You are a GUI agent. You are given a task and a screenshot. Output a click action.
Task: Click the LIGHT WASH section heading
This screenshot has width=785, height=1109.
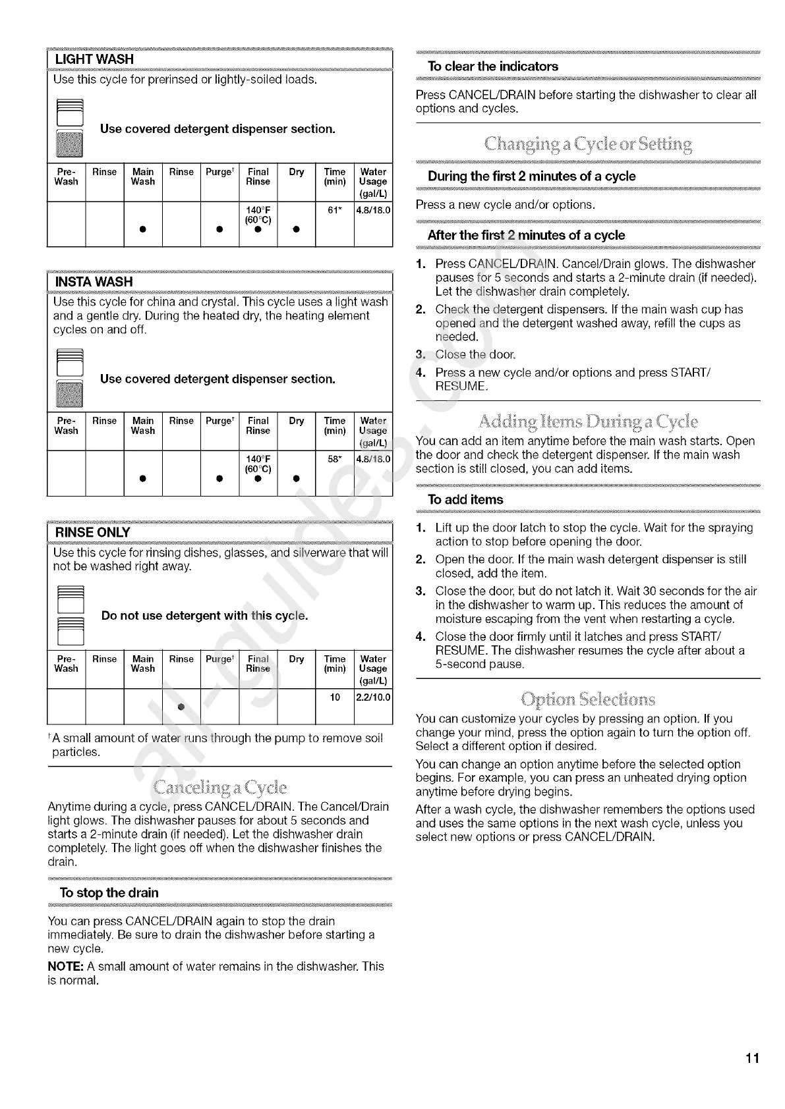(x=94, y=59)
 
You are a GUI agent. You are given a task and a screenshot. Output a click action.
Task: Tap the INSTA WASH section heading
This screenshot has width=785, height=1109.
(x=94, y=282)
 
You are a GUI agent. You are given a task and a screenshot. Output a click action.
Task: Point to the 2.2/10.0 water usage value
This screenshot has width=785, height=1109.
(x=373, y=697)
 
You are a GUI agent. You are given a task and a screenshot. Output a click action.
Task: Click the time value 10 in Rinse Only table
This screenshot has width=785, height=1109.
(x=335, y=697)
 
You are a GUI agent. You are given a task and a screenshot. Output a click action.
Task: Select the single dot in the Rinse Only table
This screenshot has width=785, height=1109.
(x=180, y=707)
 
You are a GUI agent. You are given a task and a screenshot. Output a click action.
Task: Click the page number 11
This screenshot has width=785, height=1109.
(x=753, y=1058)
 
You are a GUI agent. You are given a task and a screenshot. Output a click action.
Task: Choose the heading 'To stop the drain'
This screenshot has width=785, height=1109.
(x=109, y=893)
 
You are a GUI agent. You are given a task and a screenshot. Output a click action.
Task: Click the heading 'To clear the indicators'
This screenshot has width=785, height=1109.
(x=492, y=67)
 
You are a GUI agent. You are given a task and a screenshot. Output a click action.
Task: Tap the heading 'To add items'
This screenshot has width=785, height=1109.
(x=465, y=500)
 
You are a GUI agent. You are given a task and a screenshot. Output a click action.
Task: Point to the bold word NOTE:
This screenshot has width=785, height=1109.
(x=65, y=967)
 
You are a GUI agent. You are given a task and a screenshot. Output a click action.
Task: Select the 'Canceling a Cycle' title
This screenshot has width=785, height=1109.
(x=219, y=787)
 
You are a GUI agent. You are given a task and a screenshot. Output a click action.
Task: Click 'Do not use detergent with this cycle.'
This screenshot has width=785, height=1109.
(x=204, y=616)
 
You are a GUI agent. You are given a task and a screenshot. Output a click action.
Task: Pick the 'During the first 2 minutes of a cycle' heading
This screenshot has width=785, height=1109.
(x=531, y=176)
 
